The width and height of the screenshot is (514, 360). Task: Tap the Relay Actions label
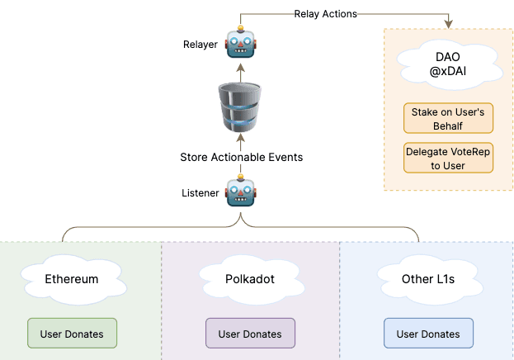click(x=325, y=13)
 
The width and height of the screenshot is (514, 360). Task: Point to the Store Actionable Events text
click(x=242, y=157)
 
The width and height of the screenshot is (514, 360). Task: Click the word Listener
click(x=201, y=193)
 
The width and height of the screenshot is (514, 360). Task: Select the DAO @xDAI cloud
click(x=448, y=67)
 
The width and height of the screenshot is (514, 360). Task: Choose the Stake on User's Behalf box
click(x=448, y=118)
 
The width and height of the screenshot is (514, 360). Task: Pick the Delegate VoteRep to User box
click(x=448, y=158)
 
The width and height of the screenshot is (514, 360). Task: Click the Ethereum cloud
click(x=72, y=278)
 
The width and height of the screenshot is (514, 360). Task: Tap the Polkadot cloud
click(x=250, y=278)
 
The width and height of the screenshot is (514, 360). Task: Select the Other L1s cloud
click(x=428, y=278)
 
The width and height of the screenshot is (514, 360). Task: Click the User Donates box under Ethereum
click(x=72, y=334)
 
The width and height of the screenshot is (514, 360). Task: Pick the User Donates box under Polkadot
click(x=250, y=334)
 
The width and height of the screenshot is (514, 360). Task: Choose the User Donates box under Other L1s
click(x=428, y=334)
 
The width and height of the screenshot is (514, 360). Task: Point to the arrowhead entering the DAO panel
click(x=448, y=24)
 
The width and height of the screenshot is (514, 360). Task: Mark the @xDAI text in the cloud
click(x=448, y=74)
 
